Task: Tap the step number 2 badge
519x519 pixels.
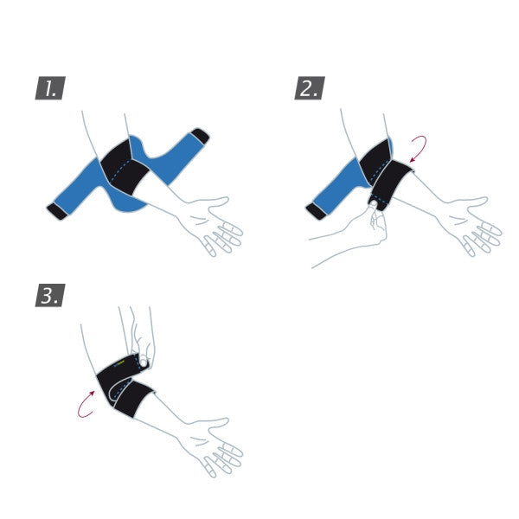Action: pos(308,88)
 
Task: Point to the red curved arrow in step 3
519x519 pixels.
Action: pos(86,404)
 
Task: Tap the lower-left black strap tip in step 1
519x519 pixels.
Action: pos(57,211)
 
